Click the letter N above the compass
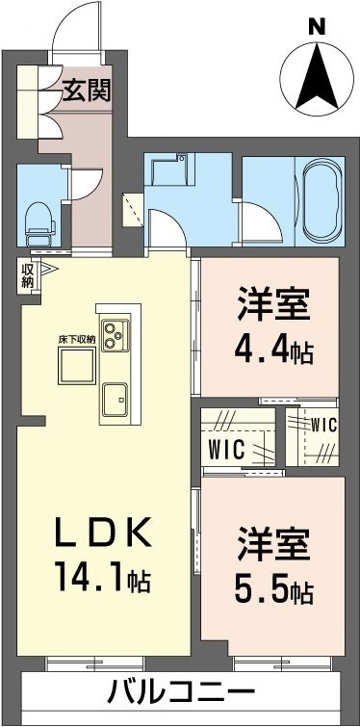click(x=315, y=28)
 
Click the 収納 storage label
click(x=27, y=275)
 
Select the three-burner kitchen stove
click(x=119, y=335)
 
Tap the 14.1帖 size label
click(x=100, y=580)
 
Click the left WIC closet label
click(x=229, y=449)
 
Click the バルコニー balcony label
click(x=180, y=692)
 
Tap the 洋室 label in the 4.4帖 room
click(x=272, y=306)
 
